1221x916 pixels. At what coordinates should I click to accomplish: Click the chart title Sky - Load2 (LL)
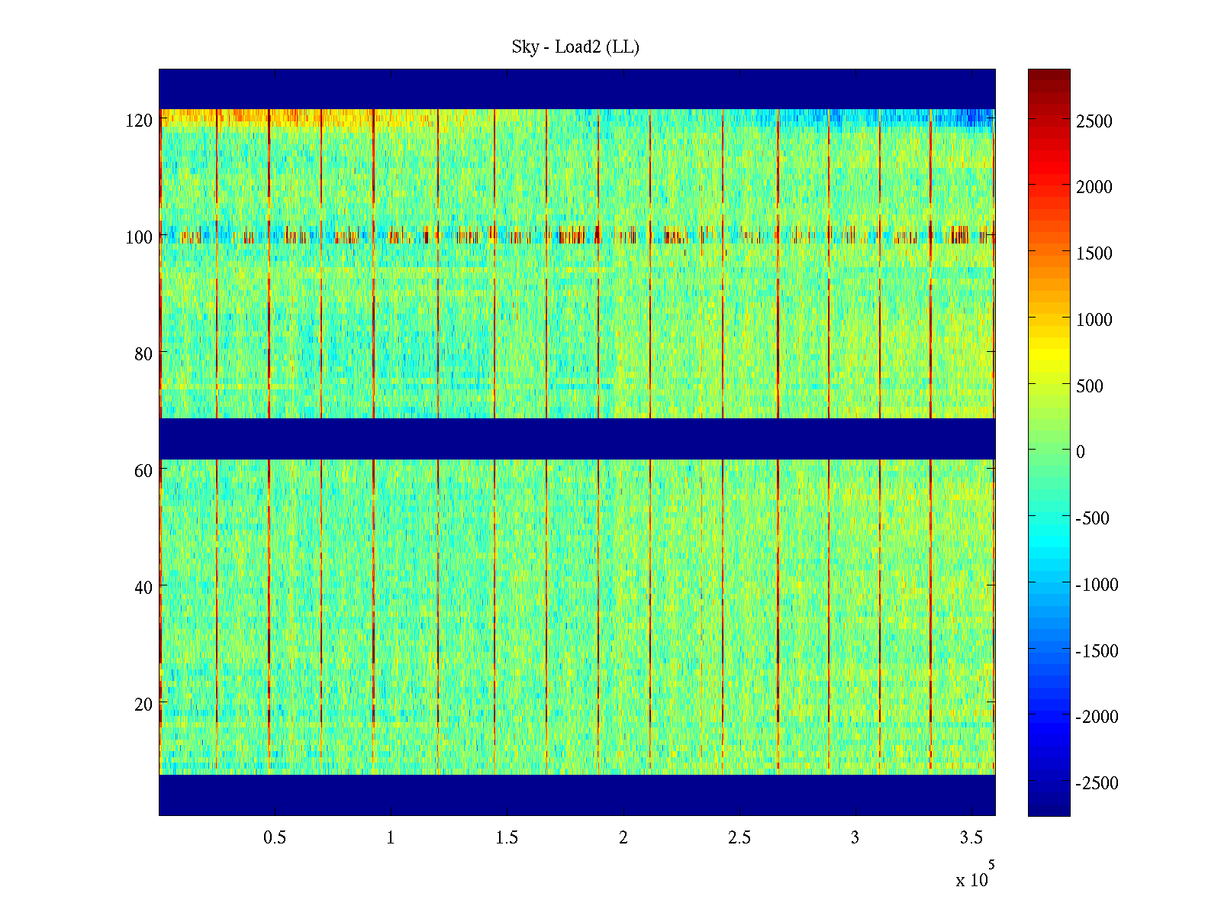tap(575, 47)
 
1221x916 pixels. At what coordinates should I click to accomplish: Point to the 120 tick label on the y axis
tap(139, 121)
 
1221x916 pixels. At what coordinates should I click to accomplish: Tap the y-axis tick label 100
tap(139, 237)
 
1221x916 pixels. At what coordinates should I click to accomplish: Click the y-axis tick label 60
tap(143, 471)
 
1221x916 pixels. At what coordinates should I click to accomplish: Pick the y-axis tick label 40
tap(143, 588)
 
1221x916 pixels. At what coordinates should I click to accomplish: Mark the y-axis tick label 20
tap(143, 705)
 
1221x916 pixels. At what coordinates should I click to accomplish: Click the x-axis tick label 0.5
tap(275, 838)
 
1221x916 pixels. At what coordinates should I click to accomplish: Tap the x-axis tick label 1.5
tap(507, 838)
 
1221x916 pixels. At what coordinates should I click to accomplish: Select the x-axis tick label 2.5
tap(739, 838)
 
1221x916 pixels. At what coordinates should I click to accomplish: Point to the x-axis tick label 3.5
tap(971, 838)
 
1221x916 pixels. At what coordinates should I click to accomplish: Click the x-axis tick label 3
tap(855, 838)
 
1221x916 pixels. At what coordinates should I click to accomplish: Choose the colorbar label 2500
tap(1094, 121)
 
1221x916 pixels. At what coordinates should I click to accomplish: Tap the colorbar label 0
tap(1081, 452)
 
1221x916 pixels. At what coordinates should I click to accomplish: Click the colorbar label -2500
tap(1097, 783)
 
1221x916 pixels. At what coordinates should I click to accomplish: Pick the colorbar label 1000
tap(1094, 320)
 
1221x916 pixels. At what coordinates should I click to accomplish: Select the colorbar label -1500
tap(1097, 651)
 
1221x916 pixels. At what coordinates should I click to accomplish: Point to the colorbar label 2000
tap(1094, 187)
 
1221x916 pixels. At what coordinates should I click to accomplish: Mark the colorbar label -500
tap(1093, 518)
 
